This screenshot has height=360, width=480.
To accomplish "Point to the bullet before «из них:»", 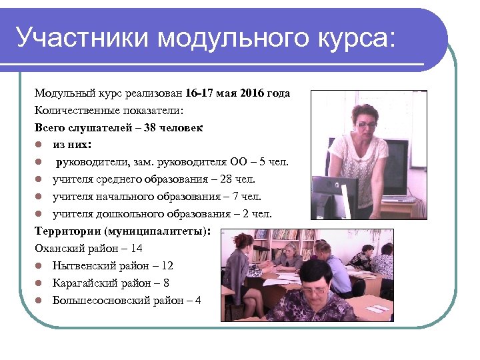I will click(40, 144).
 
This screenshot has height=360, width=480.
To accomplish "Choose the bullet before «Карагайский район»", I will click(40, 283).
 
